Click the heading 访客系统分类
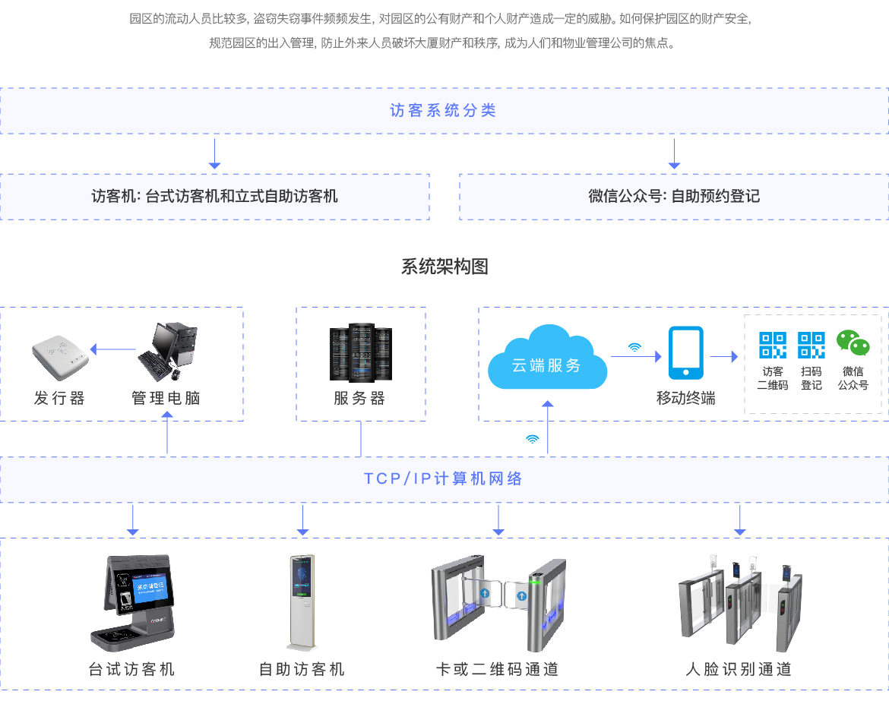pyautogui.click(x=443, y=111)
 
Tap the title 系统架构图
pyautogui.click(x=444, y=267)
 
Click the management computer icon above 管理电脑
pyautogui.click(x=169, y=351)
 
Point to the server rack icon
pyautogui.click(x=361, y=352)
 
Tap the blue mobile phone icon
pyautogui.click(x=685, y=352)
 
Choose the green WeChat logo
pyautogui.click(x=853, y=344)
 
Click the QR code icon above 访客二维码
pyautogui.click(x=773, y=345)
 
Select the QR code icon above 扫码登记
pyautogui.click(x=811, y=345)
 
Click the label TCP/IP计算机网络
pyautogui.click(x=443, y=479)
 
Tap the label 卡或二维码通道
pyautogui.click(x=498, y=670)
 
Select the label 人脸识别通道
pyautogui.click(x=739, y=670)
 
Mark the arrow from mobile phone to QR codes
pyautogui.click(x=723, y=355)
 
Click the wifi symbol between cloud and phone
pyautogui.click(x=634, y=347)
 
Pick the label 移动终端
pyautogui.click(x=686, y=399)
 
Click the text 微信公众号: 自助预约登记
pyautogui.click(x=674, y=197)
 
